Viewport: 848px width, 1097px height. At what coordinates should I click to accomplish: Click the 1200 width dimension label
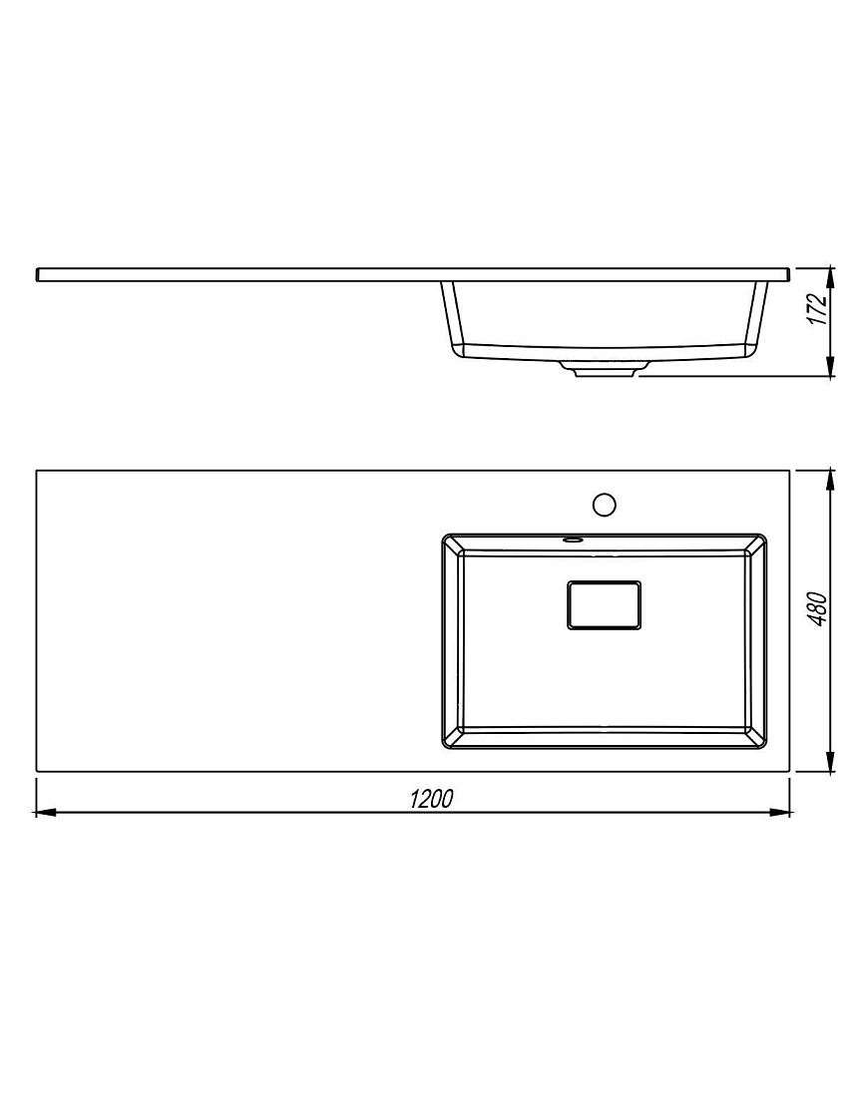pos(431,798)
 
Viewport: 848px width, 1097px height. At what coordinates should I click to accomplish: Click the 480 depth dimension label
pos(816,608)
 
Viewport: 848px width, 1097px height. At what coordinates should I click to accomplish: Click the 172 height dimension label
pos(816,308)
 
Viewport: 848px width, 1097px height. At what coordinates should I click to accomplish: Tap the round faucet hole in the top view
pos(604,504)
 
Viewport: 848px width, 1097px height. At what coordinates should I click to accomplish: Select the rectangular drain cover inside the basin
pos(604,604)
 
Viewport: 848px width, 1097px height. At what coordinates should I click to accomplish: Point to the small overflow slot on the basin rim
pos(573,540)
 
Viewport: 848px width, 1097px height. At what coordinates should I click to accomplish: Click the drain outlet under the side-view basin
pos(605,369)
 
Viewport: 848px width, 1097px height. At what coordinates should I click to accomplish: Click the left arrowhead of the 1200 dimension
pos(46,812)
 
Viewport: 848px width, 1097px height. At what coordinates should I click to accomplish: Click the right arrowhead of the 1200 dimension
pos(779,812)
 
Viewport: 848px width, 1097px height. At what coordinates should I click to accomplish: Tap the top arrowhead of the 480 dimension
pos(830,482)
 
